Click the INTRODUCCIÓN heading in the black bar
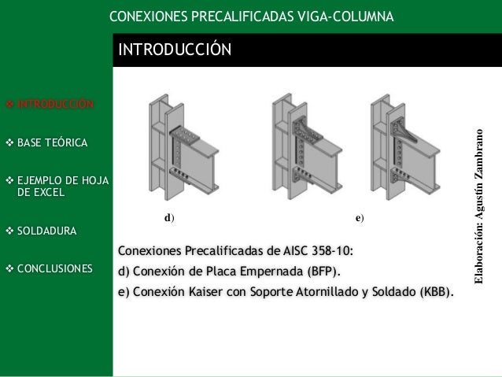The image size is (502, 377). [x=174, y=51]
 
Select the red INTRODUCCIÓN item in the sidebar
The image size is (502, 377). [x=55, y=104]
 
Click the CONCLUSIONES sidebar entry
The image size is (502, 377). [x=54, y=268]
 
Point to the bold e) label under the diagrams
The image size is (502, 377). [x=359, y=216]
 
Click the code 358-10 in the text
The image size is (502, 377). [x=330, y=251]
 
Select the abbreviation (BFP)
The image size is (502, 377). [x=323, y=272]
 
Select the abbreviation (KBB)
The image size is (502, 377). [x=437, y=293]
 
